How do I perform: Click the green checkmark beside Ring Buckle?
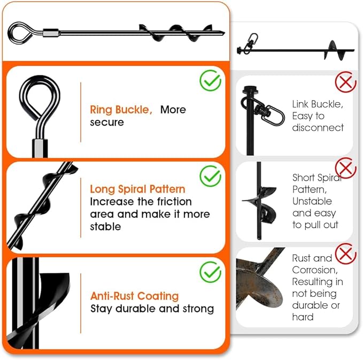211,80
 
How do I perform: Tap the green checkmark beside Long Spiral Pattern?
211,176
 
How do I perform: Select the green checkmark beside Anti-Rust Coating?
211,272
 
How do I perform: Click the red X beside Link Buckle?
345,82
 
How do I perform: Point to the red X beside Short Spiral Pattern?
345,168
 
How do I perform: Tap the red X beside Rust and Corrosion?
345,252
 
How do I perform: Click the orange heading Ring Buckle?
121,110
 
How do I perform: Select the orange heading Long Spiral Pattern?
137,189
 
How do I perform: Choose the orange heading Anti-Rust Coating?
134,296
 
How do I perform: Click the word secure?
107,122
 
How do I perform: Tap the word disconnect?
318,128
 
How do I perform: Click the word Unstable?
312,201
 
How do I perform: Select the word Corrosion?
314,270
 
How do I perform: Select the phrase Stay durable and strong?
152,309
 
